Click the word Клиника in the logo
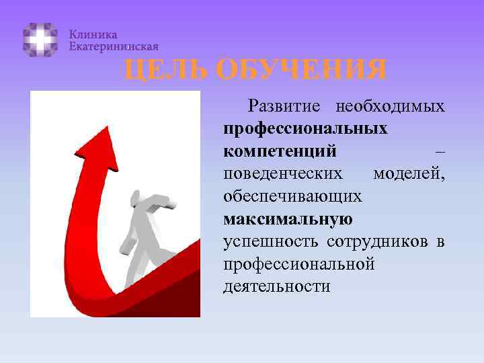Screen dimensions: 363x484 [93, 34]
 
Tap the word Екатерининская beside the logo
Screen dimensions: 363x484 [114, 46]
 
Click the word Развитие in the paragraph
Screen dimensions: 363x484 [286, 106]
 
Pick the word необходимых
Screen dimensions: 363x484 [390, 106]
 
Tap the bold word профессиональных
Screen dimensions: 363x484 [305, 128]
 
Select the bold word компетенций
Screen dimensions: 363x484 [280, 151]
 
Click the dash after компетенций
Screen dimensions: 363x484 [438, 151]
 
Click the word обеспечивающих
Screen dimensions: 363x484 [293, 197]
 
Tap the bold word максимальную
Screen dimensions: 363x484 [288, 219]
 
